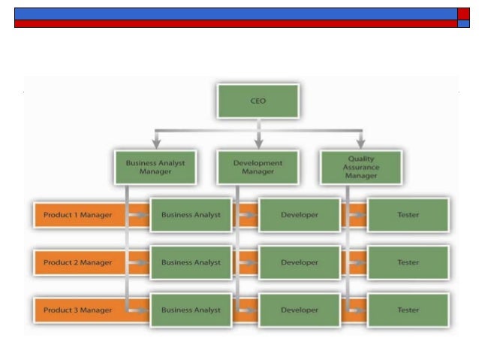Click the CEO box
click(258, 101)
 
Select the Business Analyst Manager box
click(155, 167)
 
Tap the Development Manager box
click(258, 167)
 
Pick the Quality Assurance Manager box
click(360, 167)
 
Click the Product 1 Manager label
click(77, 215)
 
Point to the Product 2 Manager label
click(77, 262)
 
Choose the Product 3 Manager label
click(77, 310)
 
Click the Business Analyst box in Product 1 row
click(191, 215)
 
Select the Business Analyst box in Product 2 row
click(191, 262)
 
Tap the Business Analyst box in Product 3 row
click(191, 310)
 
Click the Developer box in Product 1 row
click(299, 215)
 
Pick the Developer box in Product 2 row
click(299, 262)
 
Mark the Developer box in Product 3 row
click(299, 310)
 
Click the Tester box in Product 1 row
click(408, 215)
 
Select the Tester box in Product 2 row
click(408, 262)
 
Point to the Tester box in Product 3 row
click(408, 310)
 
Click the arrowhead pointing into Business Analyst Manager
click(156, 143)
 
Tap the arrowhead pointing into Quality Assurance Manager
click(360, 143)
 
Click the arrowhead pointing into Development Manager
click(258, 143)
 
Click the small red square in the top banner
click(463, 14)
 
